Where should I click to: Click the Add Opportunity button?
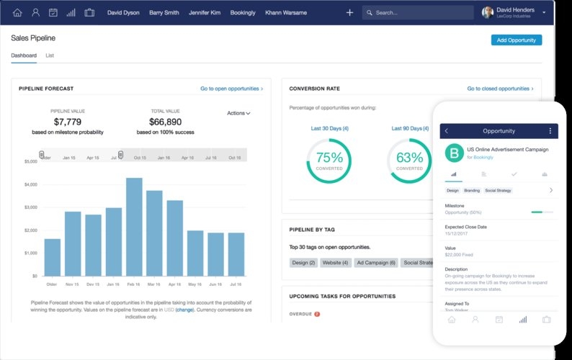click(516, 40)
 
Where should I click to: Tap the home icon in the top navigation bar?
click(17, 12)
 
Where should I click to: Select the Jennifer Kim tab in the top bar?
click(205, 12)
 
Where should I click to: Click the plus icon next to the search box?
click(349, 12)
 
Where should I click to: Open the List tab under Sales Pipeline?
click(50, 55)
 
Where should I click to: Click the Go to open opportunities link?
click(231, 89)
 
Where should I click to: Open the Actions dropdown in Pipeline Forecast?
click(238, 113)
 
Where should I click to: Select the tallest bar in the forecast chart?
click(134, 227)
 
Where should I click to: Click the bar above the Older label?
click(53, 257)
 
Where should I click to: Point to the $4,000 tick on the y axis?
click(30, 185)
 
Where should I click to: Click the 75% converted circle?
click(329, 159)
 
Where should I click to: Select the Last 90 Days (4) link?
click(410, 128)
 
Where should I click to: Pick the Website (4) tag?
click(335, 263)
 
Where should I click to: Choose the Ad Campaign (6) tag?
click(377, 263)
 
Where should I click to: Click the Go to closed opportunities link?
click(500, 89)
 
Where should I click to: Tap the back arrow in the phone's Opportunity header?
click(447, 131)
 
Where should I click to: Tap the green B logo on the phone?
click(454, 153)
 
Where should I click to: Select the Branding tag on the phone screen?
click(472, 191)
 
